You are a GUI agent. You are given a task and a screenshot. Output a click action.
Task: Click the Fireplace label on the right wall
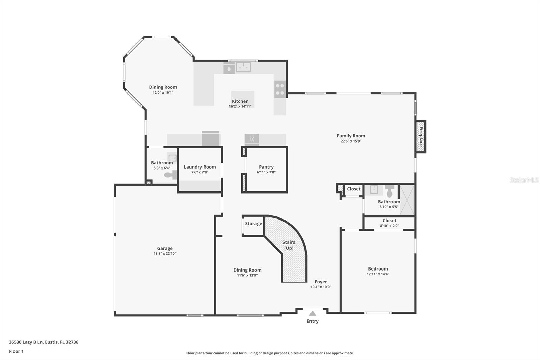[421, 136]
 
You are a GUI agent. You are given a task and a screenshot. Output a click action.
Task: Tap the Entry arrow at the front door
[313, 313]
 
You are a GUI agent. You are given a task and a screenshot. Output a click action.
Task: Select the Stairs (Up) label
[289, 245]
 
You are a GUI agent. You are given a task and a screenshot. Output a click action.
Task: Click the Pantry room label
[266, 167]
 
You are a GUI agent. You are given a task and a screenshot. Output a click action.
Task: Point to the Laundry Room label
[199, 167]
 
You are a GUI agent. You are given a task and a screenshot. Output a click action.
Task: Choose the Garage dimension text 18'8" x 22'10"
[165, 253]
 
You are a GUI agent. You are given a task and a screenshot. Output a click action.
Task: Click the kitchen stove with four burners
[280, 89]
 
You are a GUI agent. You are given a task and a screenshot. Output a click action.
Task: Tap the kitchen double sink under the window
[243, 67]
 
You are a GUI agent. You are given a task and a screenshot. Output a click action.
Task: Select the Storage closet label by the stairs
[253, 224]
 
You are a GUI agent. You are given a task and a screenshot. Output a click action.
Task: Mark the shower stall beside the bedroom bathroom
[407, 200]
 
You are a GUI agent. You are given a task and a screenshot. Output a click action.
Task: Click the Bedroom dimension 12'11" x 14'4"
[378, 274]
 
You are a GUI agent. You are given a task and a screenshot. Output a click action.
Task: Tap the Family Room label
[351, 136]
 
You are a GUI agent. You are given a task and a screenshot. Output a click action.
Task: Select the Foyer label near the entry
[321, 282]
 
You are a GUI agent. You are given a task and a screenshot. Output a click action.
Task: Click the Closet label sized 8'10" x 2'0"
[389, 221]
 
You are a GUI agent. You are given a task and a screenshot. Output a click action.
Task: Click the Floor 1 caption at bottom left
[16, 351]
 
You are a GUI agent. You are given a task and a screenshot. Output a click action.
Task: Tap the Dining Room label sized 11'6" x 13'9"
[247, 270]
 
